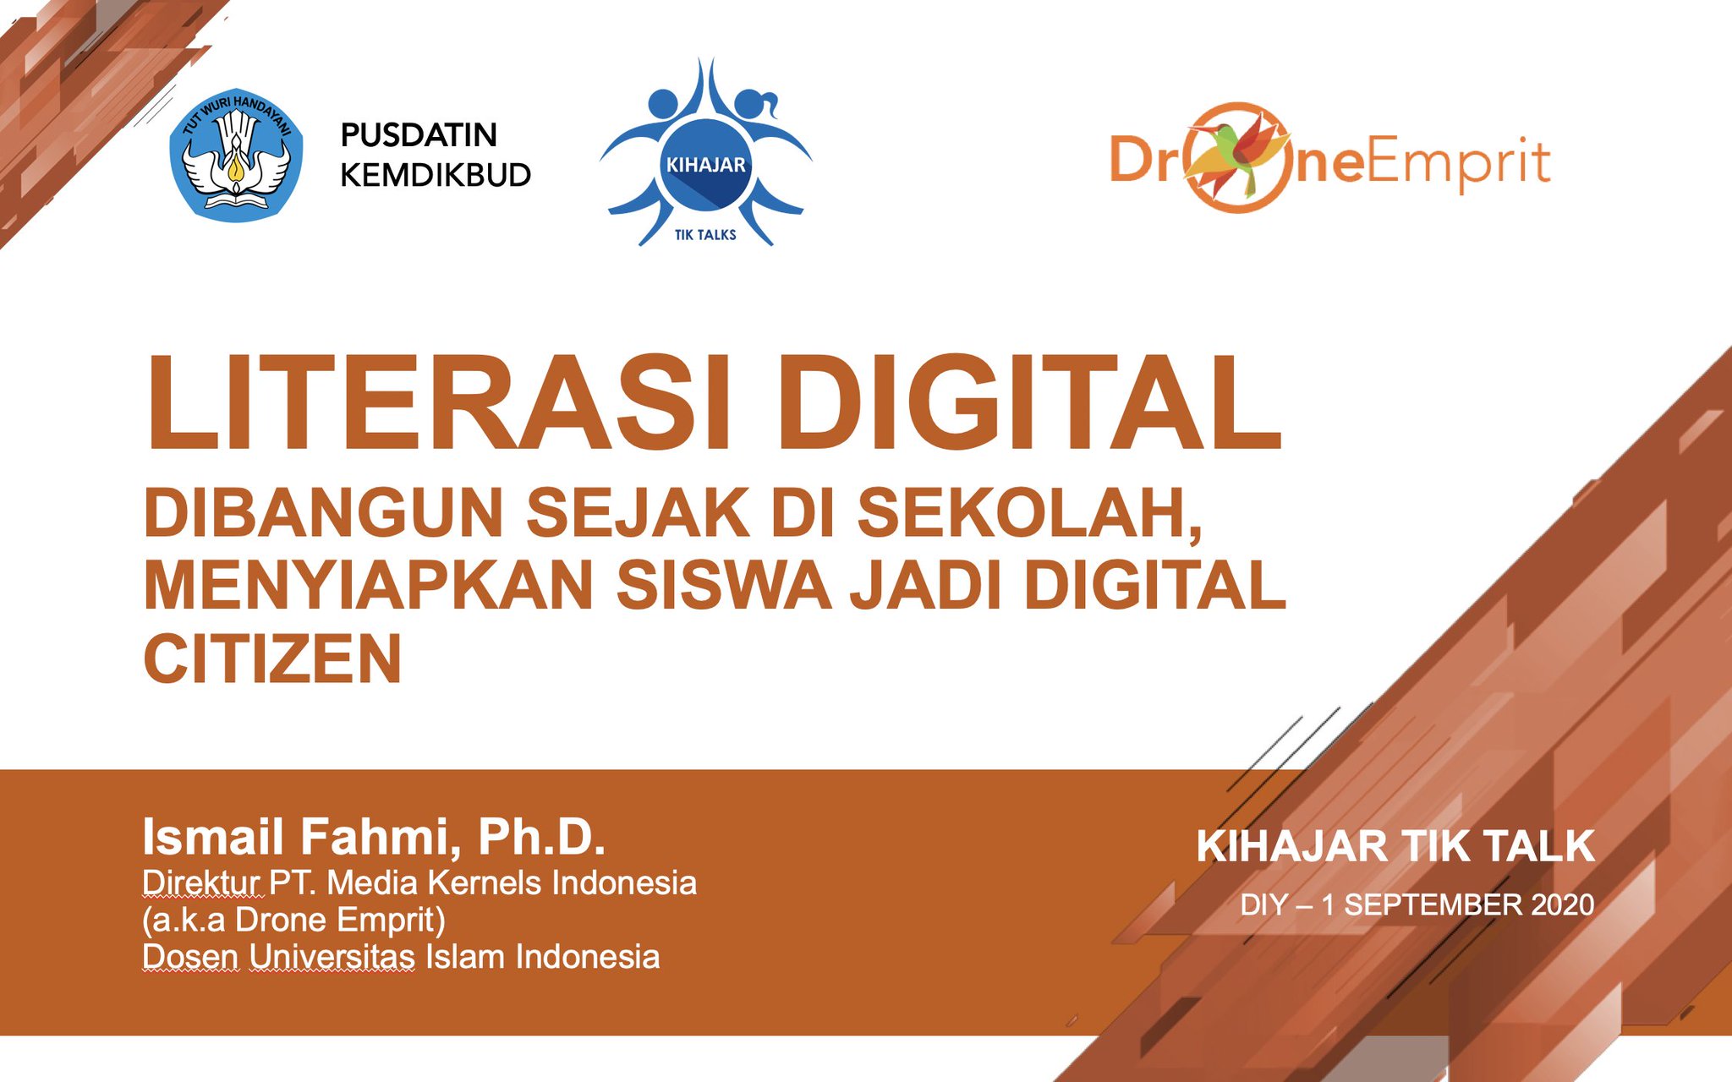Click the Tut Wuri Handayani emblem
[x=236, y=155]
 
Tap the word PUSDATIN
[x=418, y=135]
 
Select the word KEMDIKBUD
[x=436, y=175]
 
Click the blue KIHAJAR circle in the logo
[x=705, y=166]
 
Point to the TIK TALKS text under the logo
[x=705, y=235]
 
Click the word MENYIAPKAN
[x=368, y=585]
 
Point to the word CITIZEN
[x=272, y=659]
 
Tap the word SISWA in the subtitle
[x=724, y=585]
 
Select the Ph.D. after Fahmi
[x=542, y=837]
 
